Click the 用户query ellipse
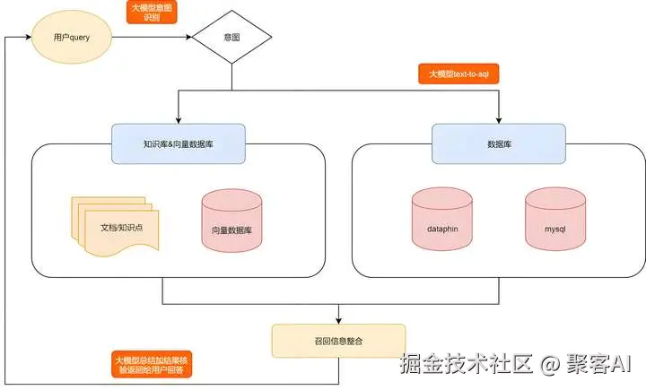[72, 37]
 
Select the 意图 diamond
[232, 37]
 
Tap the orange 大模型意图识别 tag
[152, 13]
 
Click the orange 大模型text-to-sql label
[458, 74]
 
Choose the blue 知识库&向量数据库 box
[179, 143]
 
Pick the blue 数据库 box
[499, 143]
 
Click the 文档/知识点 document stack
[115, 226]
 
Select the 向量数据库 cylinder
[232, 221]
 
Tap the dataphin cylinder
[442, 219]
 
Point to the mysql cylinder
[555, 219]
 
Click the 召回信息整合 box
[338, 341]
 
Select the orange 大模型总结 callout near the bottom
[152, 365]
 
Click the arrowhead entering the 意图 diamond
[189, 37]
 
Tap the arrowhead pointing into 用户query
[29, 37]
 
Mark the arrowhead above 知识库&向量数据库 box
[179, 121]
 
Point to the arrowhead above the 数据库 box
[499, 121]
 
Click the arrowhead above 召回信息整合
[338, 321]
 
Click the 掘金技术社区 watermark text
[467, 364]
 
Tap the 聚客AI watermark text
[598, 364]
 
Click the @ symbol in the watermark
[550, 365]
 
